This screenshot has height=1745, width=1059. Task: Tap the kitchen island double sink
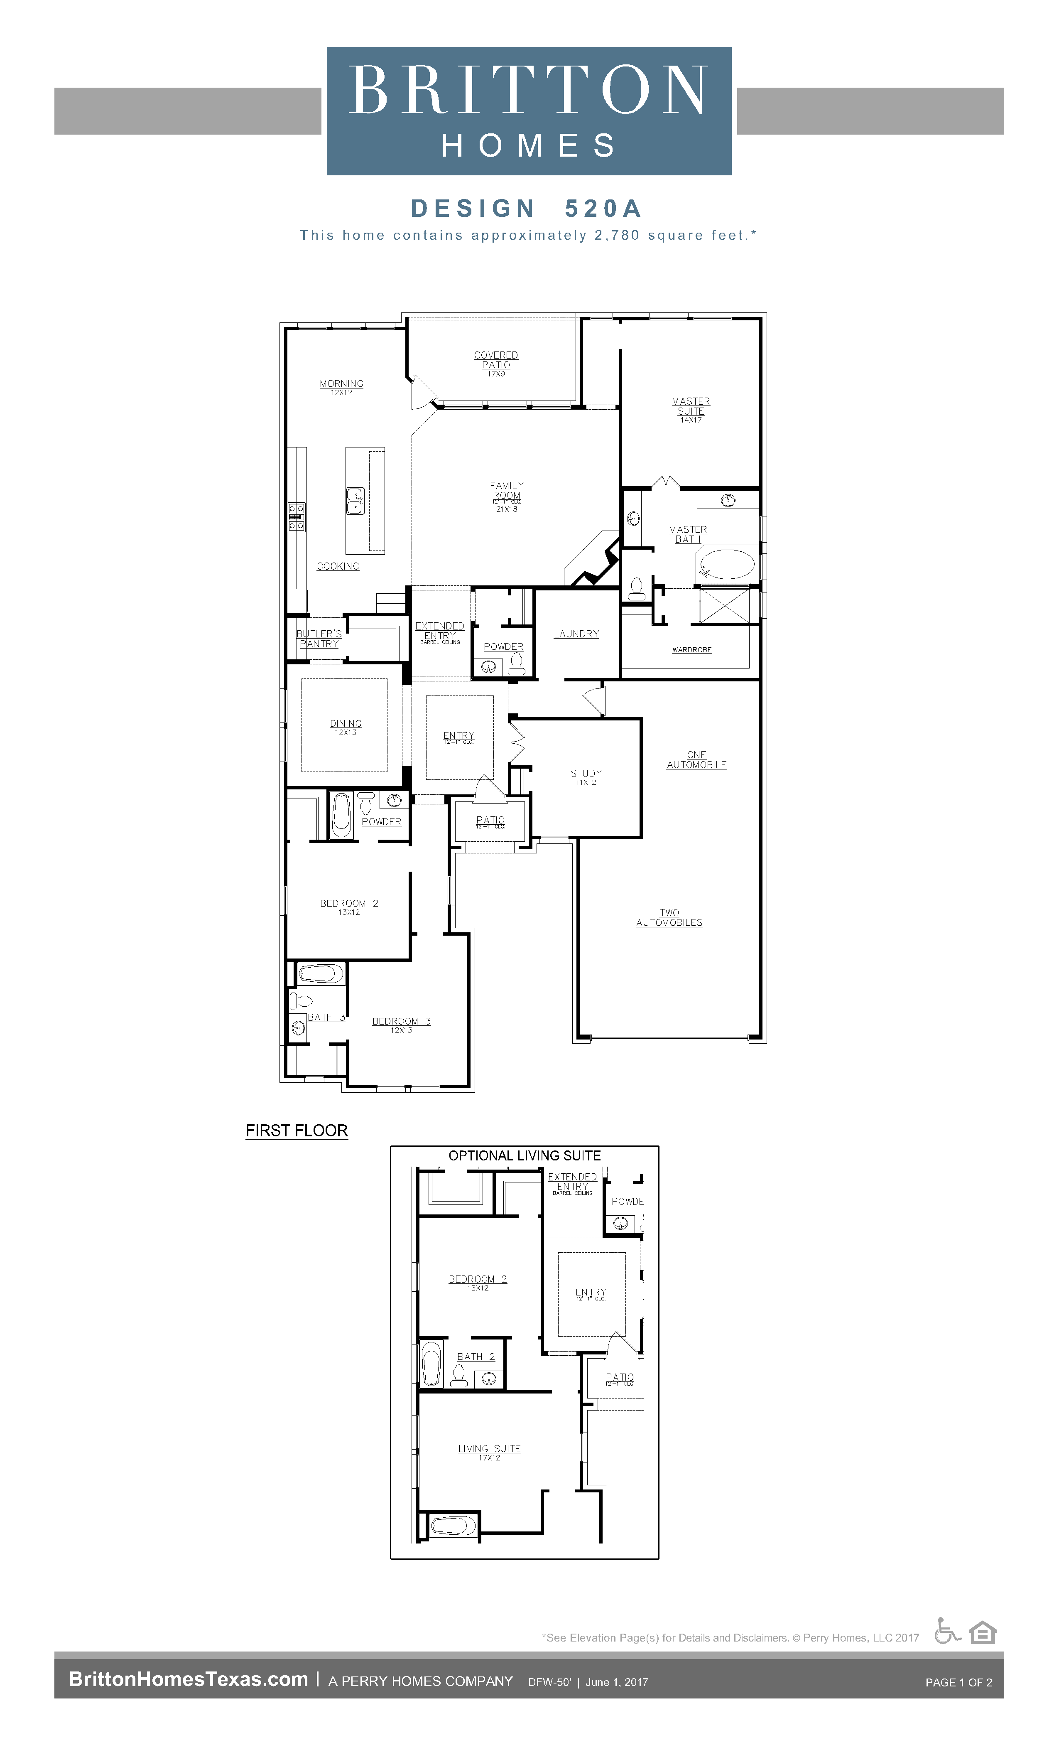pyautogui.click(x=355, y=501)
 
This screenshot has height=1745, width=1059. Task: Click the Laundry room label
pyautogui.click(x=576, y=634)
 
